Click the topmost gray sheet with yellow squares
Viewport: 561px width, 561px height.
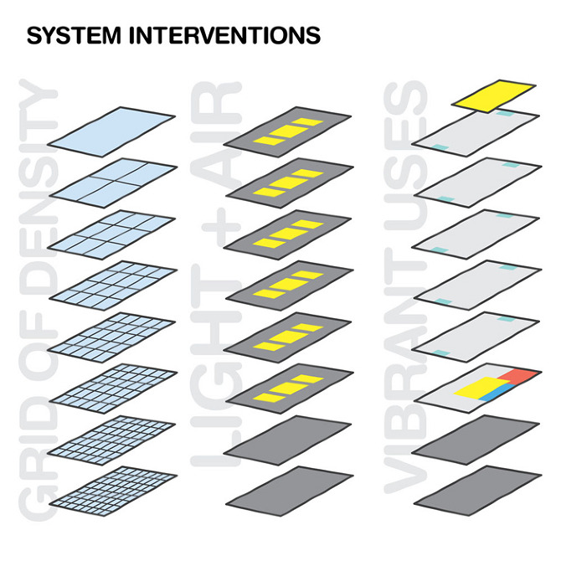coord(286,131)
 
